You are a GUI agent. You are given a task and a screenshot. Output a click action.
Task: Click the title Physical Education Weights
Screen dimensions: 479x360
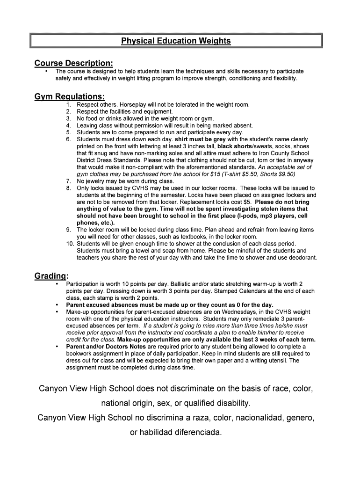[x=176, y=41]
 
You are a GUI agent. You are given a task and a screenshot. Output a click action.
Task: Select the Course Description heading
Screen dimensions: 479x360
[x=73, y=63]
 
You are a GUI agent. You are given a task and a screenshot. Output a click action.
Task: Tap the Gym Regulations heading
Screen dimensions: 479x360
[x=69, y=97]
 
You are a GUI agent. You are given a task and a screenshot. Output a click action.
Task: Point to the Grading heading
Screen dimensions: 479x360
[x=51, y=276]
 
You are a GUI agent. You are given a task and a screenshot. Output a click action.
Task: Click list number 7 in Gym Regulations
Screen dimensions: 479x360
[x=68, y=181]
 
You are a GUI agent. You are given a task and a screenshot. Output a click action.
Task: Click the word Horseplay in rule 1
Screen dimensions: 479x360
[x=132, y=105]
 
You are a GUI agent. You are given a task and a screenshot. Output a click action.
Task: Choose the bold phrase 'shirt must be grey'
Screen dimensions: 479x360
[x=200, y=139]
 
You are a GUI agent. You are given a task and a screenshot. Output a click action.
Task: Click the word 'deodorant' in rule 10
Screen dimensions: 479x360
[x=302, y=258]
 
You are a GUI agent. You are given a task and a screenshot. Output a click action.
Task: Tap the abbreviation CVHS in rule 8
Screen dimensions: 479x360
[x=129, y=188]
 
